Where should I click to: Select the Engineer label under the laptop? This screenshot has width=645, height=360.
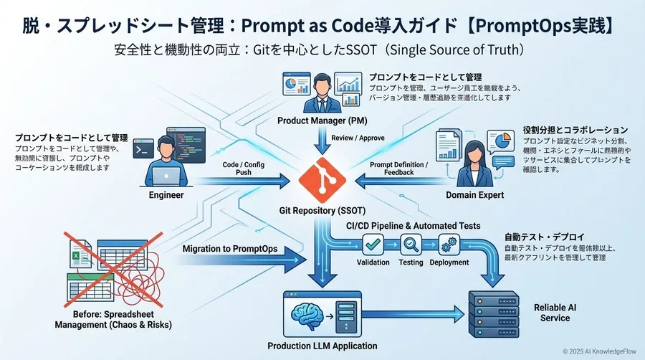[166, 194]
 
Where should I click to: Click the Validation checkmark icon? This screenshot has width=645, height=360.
[373, 245]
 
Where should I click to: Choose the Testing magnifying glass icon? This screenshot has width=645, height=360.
[411, 245]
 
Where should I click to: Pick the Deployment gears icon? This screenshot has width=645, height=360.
[449, 245]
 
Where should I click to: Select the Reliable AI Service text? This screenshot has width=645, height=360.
[555, 313]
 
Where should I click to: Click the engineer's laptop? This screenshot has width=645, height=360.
[166, 174]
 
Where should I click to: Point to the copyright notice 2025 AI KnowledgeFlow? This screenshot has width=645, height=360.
[599, 351]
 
